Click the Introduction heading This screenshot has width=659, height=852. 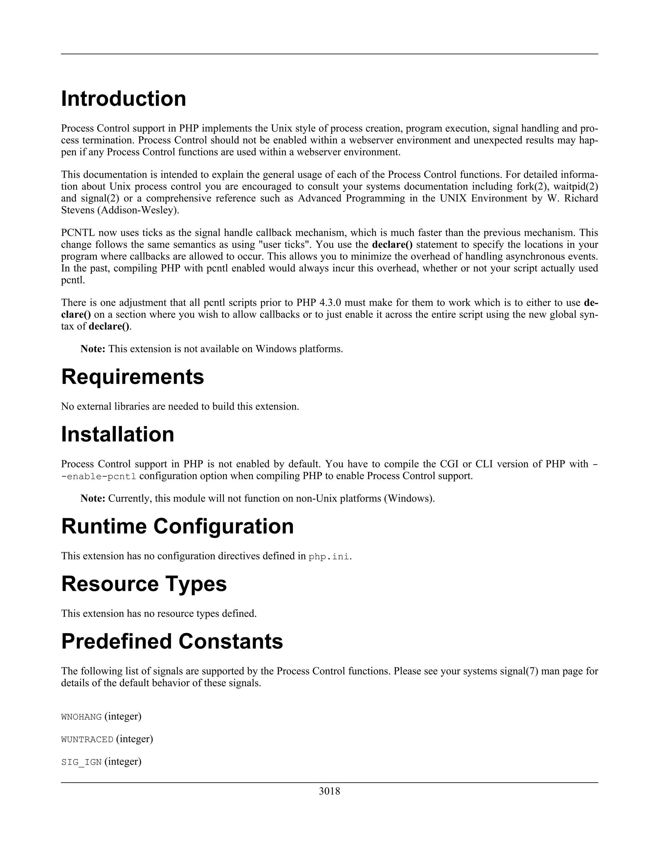(x=123, y=99)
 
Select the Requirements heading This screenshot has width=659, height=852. (x=132, y=377)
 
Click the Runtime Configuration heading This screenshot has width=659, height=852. (x=177, y=526)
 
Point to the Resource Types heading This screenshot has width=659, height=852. (x=144, y=584)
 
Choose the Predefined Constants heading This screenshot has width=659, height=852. (x=172, y=641)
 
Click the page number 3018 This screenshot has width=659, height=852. (x=329, y=791)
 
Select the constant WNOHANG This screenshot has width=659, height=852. (x=81, y=717)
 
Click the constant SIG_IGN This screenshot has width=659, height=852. (x=81, y=762)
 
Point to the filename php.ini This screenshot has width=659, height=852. (x=329, y=557)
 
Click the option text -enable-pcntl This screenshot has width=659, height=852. (x=98, y=477)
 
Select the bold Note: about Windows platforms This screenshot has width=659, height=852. (x=93, y=349)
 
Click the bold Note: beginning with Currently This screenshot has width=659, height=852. (x=93, y=499)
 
